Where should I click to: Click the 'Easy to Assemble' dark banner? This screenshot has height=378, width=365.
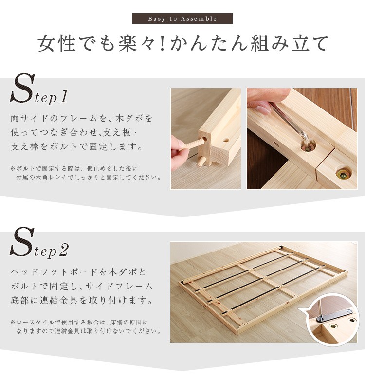[x=182, y=18]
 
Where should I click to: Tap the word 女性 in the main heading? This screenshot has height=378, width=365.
[x=56, y=44]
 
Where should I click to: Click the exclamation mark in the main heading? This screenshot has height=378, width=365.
[x=163, y=44]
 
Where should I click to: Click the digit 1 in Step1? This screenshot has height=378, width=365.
[x=64, y=96]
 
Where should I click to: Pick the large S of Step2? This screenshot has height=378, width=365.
[x=22, y=242]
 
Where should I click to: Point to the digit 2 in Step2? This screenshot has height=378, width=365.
[x=64, y=250]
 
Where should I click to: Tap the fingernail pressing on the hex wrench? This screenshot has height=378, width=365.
[x=262, y=109]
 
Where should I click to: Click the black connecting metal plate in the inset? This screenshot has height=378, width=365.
[x=334, y=315]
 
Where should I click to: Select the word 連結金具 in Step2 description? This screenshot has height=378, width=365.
[x=59, y=301]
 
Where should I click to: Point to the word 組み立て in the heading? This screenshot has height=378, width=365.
[x=290, y=44]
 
